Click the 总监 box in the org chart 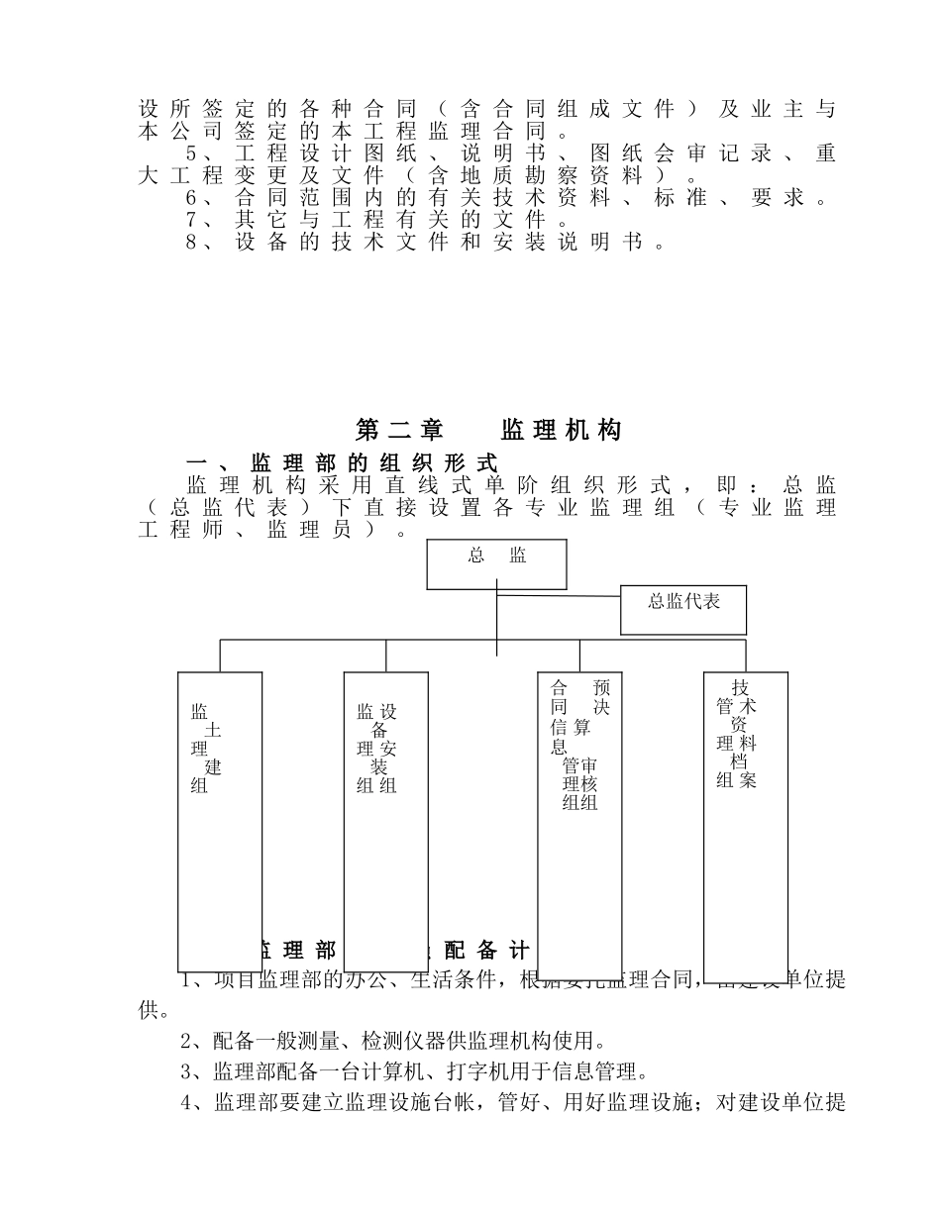[x=496, y=563]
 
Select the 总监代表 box [x=682, y=609]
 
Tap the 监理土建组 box [x=220, y=821]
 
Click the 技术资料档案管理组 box [x=745, y=811]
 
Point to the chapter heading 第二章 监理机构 [x=488, y=430]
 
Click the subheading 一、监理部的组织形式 [x=342, y=462]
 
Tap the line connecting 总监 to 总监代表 [x=559, y=596]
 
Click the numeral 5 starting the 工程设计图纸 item [x=191, y=153]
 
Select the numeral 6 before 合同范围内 [x=191, y=197]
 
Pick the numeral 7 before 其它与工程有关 [x=191, y=219]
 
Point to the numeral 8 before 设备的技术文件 [x=191, y=242]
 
